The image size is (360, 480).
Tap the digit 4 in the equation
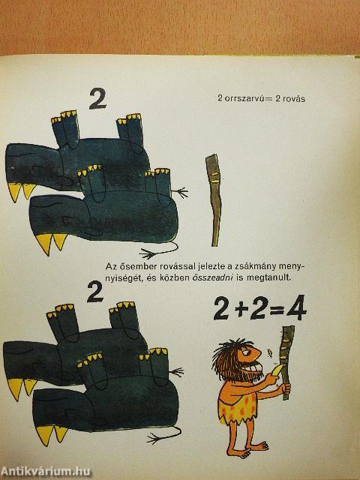tap(296, 308)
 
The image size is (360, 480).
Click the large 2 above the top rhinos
tap(97, 98)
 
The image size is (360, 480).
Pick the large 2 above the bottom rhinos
tap(95, 292)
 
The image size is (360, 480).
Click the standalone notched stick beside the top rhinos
tap(214, 200)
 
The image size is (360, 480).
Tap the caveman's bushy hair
tap(228, 357)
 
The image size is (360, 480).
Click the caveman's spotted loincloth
tap(237, 408)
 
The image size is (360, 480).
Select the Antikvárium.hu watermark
tap(46, 472)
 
